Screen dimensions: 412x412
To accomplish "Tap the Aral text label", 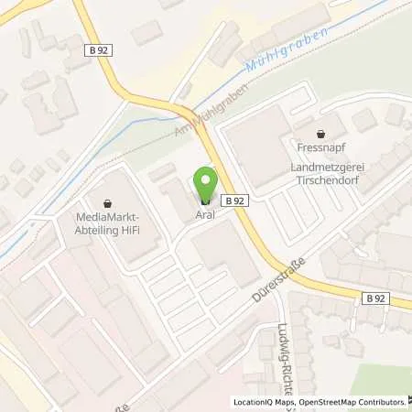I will (x=206, y=215).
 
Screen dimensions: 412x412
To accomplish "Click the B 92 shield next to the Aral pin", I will (x=234, y=199).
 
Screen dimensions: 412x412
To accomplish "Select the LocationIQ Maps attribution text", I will (x=266, y=401).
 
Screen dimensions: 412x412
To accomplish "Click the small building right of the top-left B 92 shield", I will (x=146, y=35).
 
